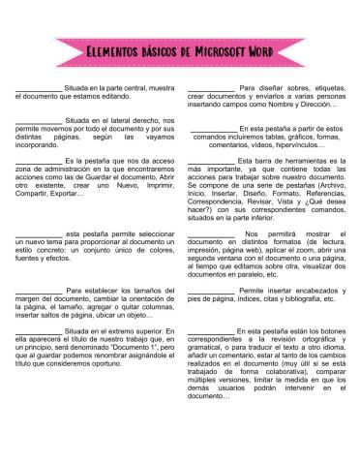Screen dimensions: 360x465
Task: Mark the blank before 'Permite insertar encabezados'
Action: pyautogui.click(x=210, y=291)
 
